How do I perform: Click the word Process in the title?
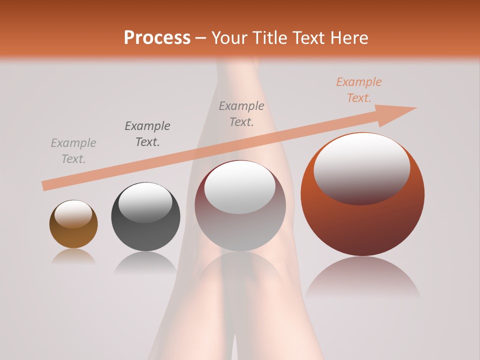[157, 38]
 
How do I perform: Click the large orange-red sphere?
[362, 220]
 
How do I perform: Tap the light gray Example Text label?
[73, 151]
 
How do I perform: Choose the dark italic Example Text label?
[147, 134]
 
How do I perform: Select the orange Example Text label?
[359, 90]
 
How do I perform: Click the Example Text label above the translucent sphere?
[241, 114]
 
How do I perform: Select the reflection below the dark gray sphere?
[145, 262]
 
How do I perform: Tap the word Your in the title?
[229, 38]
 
